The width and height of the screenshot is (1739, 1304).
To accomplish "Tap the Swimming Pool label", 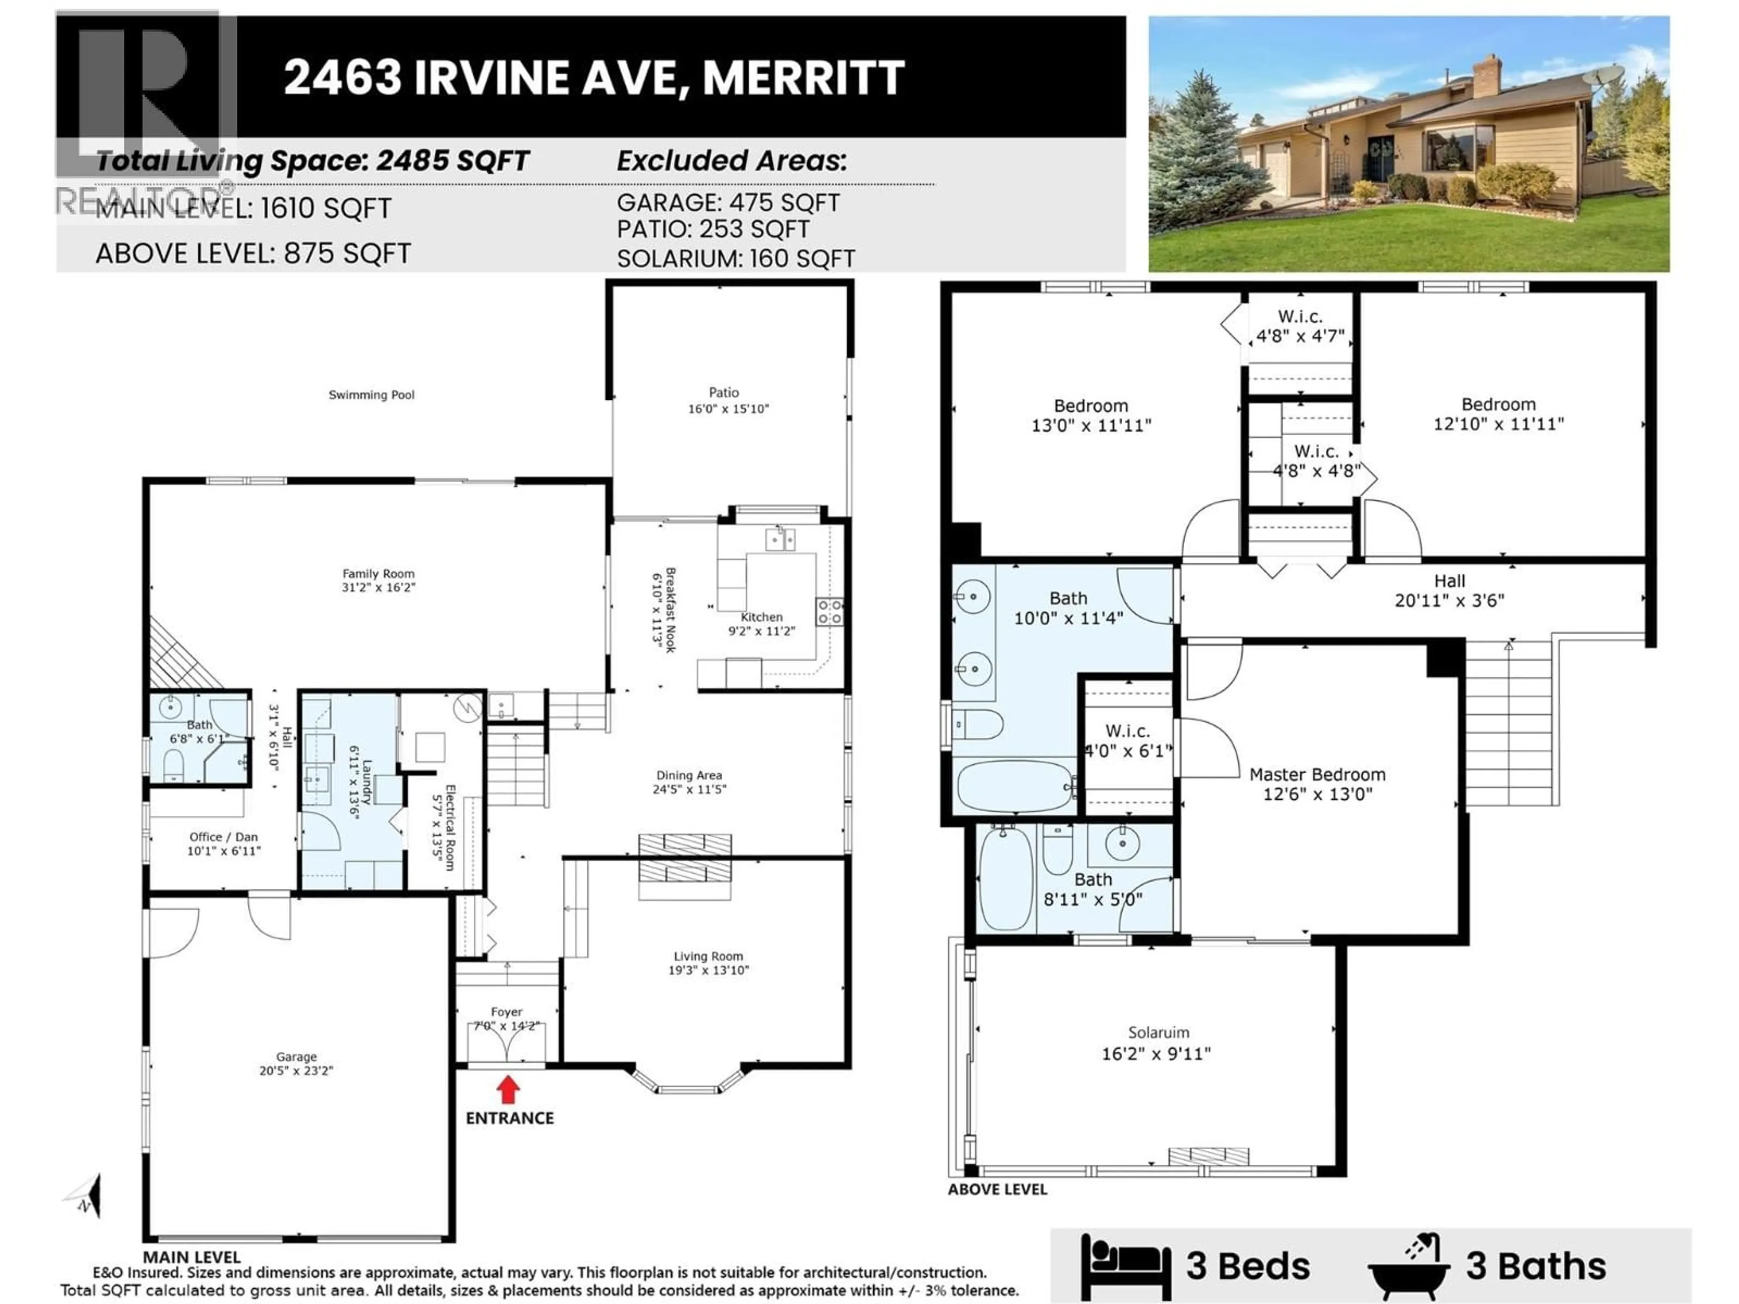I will [371, 394].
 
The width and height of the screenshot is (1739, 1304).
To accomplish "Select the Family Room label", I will [378, 574].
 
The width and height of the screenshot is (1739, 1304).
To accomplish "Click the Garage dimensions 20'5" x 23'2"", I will [296, 1070].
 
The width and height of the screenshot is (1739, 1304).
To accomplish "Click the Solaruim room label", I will [1158, 1033].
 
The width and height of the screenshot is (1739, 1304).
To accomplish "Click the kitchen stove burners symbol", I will [829, 612].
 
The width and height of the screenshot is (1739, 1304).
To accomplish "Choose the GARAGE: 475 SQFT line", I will [728, 203].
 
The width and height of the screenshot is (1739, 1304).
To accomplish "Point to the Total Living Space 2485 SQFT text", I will [312, 161].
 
